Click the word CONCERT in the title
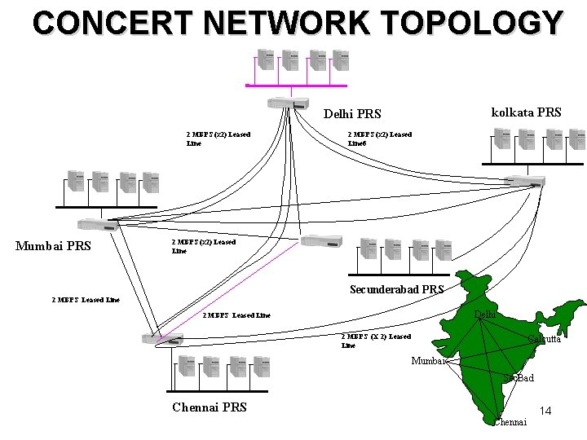pos(108,22)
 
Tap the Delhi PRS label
pos(352,114)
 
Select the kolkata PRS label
pos(526,112)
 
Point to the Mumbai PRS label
pos(53,246)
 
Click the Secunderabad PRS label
pos(396,289)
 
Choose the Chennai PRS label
pos(209,407)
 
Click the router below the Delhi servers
pos(288,103)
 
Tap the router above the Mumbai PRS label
pos(97,224)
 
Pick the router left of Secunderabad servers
pos(320,241)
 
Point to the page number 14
pos(545,411)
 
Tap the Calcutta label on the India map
pos(544,338)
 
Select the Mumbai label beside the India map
pos(429,361)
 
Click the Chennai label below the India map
pos(510,421)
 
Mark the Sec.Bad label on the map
pos(519,378)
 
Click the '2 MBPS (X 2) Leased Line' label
pos(376,341)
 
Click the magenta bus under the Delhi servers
pos(297,86)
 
